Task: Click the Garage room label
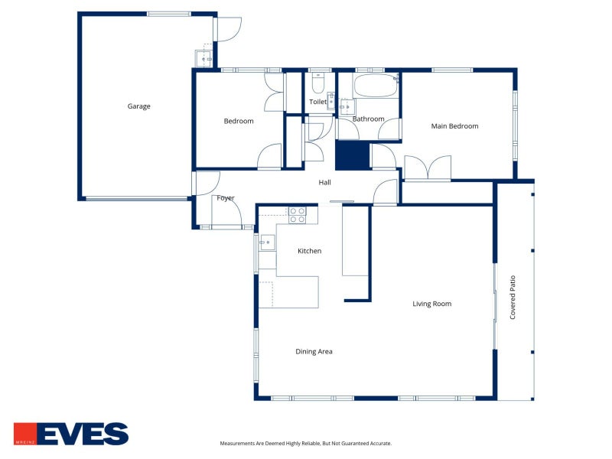tap(138, 106)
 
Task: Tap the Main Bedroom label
tap(454, 126)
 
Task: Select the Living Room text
tap(432, 304)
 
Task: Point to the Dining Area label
tap(314, 351)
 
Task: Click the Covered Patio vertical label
tap(513, 298)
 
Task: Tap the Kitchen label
tap(310, 251)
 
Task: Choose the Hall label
tap(324, 182)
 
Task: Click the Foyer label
tap(226, 198)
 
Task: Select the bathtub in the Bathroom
tap(376, 85)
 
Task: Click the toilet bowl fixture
tap(318, 83)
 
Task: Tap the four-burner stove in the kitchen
tap(297, 216)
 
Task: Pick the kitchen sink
tap(267, 243)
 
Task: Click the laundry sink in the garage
tap(203, 59)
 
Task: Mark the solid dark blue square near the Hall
tap(352, 155)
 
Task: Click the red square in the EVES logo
tap(25, 434)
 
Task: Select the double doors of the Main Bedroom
tap(428, 168)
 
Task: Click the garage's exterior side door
tap(229, 29)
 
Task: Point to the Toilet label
tap(317, 102)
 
